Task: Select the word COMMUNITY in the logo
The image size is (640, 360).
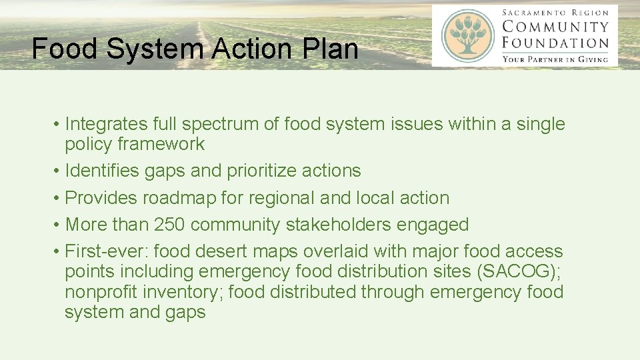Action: [555, 27]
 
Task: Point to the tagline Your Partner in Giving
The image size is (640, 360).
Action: [555, 59]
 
